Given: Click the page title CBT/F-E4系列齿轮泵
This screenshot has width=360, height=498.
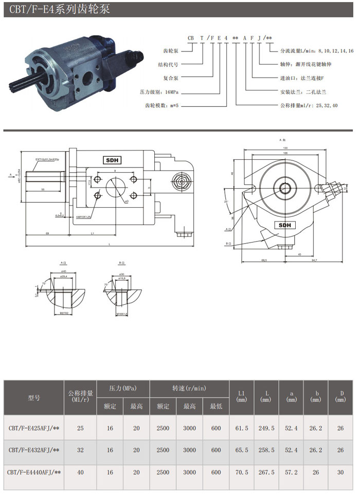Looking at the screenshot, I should (57, 9).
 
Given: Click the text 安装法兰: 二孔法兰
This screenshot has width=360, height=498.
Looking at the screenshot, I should (304, 92).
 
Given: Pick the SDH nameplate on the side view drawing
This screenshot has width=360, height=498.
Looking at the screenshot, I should (112, 160).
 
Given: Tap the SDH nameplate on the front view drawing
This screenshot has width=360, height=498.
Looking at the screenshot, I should (284, 225).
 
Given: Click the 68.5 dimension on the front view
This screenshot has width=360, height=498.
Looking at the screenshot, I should (264, 261).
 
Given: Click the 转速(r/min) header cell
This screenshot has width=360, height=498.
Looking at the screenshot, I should (189, 389).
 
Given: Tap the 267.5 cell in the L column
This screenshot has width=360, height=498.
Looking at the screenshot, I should (266, 472).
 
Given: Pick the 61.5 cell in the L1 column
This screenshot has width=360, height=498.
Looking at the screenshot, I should (242, 427).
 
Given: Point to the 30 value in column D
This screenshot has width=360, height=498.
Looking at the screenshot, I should (340, 472).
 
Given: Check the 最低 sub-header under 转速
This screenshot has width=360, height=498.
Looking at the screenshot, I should (216, 407).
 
